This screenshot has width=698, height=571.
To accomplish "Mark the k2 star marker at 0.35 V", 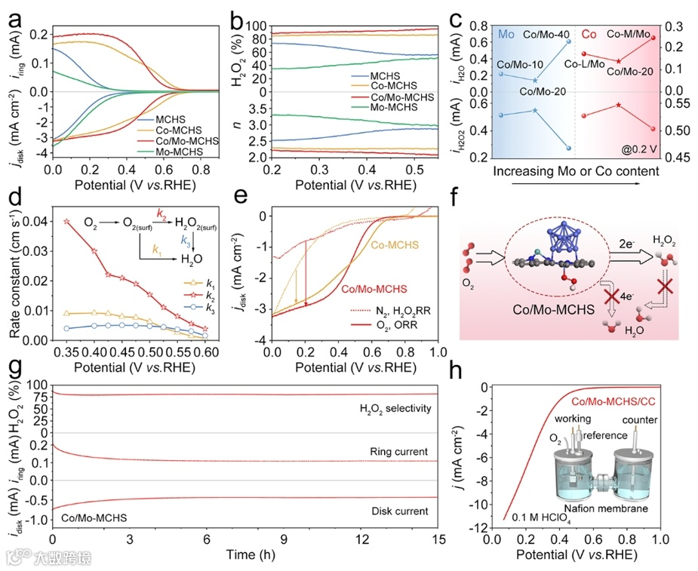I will [66, 222].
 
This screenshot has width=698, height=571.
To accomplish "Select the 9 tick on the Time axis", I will [285, 541].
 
